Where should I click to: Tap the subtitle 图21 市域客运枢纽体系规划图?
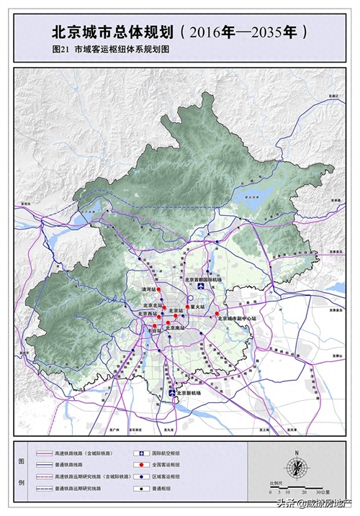pyautogui.click(x=109, y=52)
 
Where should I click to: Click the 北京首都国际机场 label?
pyautogui.click(x=204, y=279)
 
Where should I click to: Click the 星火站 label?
pyautogui.click(x=197, y=307)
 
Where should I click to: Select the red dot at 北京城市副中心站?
pyautogui.click(x=216, y=314)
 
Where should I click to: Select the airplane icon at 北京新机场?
pyautogui.click(x=171, y=393)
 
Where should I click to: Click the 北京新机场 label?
pyautogui.click(x=189, y=394)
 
